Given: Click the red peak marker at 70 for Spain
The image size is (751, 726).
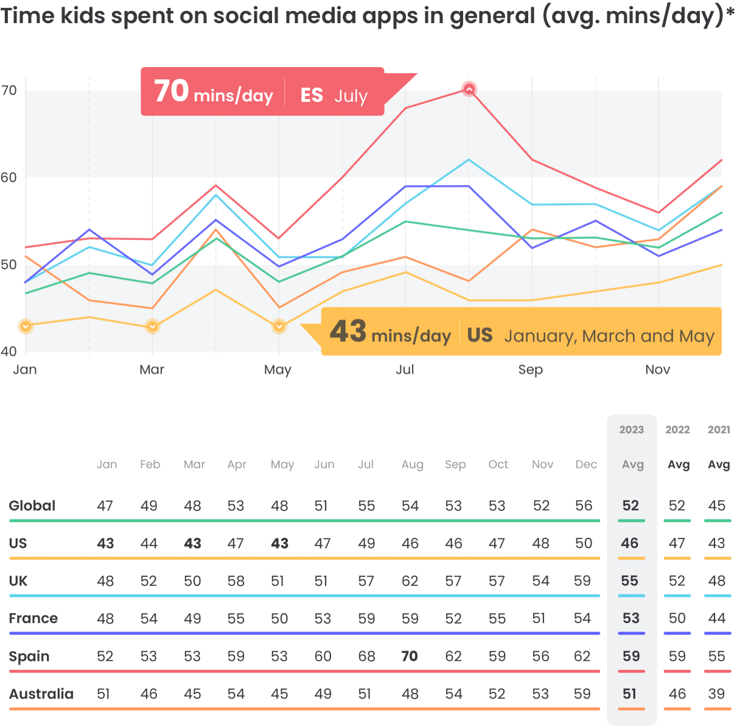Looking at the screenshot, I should [x=469, y=90].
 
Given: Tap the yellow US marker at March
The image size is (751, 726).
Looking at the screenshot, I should [x=152, y=326].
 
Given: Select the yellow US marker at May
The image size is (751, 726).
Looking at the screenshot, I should [x=279, y=326].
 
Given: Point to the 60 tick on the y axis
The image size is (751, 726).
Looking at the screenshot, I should [x=9, y=178].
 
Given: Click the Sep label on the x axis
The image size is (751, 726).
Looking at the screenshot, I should [x=530, y=370].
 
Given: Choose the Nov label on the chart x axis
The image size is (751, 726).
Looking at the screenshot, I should [x=657, y=370].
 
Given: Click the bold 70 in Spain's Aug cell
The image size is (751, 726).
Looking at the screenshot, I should [x=410, y=656].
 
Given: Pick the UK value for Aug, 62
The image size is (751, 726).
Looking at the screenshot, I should [x=410, y=581].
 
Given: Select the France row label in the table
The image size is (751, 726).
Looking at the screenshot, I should [x=33, y=619].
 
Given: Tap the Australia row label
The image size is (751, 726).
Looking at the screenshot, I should [x=41, y=694].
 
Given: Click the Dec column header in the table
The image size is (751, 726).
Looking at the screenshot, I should [x=585, y=465].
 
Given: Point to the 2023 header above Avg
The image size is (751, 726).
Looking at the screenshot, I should [x=631, y=430].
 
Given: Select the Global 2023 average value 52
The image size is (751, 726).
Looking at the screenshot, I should [x=630, y=506].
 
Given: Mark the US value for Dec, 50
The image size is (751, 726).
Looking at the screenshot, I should [x=583, y=543].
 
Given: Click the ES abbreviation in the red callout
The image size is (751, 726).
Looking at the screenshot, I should [x=312, y=96].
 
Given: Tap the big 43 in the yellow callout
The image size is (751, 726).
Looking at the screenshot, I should [x=348, y=331].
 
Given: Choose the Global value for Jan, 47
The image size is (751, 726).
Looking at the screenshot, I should [x=105, y=506].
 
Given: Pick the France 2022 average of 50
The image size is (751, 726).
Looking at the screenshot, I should [x=677, y=619].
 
